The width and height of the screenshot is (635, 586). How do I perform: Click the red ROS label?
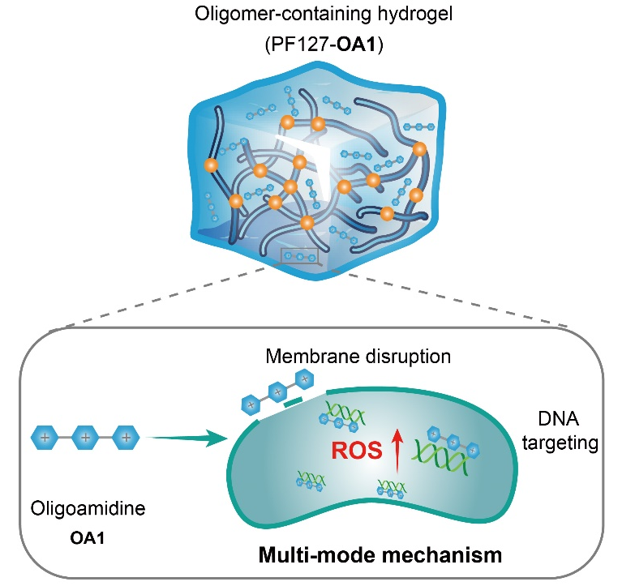tap(358, 451)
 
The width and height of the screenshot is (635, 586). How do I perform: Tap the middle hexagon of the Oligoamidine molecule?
tap(85, 438)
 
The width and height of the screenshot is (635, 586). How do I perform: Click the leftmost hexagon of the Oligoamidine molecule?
tap(45, 438)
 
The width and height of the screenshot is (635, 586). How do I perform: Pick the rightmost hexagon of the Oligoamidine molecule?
tap(125, 438)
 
